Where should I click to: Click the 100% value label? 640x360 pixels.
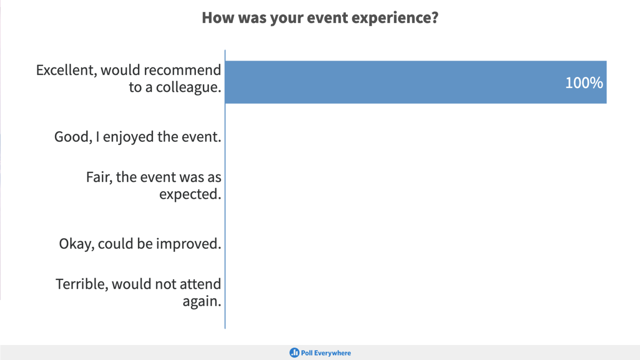(x=584, y=83)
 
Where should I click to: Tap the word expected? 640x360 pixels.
(x=190, y=195)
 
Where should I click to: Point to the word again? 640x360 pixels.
(x=201, y=302)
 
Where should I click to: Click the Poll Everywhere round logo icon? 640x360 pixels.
(x=294, y=353)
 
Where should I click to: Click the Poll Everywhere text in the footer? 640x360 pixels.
(x=326, y=353)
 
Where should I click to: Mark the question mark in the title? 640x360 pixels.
(x=435, y=18)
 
